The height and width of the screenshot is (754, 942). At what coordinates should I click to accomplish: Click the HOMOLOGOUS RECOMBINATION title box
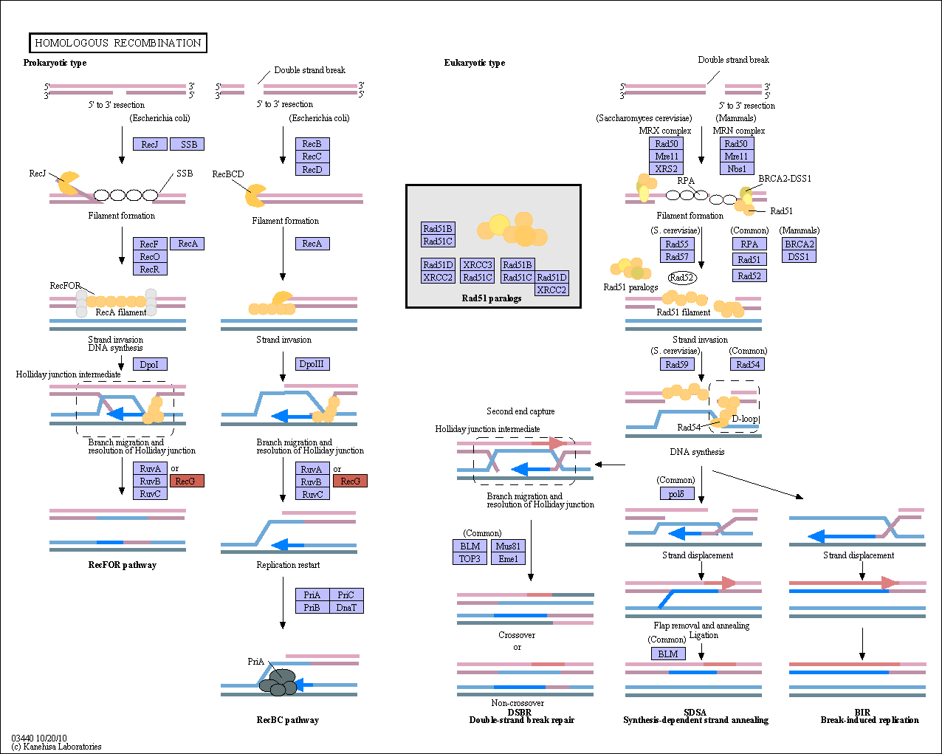pos(118,43)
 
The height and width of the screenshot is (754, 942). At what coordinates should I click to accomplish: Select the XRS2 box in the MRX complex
pos(666,168)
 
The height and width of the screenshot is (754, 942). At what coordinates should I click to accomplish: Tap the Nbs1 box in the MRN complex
pos(737,168)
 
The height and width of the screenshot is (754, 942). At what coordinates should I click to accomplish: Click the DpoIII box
pos(312,364)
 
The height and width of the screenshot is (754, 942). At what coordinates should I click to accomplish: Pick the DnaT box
pos(346,607)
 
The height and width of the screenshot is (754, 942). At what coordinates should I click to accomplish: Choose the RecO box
pos(150,256)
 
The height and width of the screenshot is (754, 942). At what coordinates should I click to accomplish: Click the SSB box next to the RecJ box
pos(187,144)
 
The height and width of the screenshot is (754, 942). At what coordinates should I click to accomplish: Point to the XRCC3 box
pos(478,264)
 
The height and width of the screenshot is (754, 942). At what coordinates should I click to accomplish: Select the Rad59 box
pos(677,364)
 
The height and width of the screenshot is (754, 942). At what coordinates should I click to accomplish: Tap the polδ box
pos(677,493)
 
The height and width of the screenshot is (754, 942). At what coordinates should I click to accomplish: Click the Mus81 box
pos(508,546)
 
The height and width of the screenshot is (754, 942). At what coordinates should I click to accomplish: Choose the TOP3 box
pos(470,559)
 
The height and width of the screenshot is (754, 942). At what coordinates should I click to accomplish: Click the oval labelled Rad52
pos(682,277)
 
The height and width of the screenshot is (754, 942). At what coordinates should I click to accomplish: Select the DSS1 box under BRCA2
pos(799,256)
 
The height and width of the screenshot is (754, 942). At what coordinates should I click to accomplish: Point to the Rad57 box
pos(677,256)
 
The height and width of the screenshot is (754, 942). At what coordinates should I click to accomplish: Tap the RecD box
pos(312,169)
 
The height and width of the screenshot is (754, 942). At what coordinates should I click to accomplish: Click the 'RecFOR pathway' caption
pos(122,565)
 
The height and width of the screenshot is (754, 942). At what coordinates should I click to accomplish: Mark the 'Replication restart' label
pos(288,565)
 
